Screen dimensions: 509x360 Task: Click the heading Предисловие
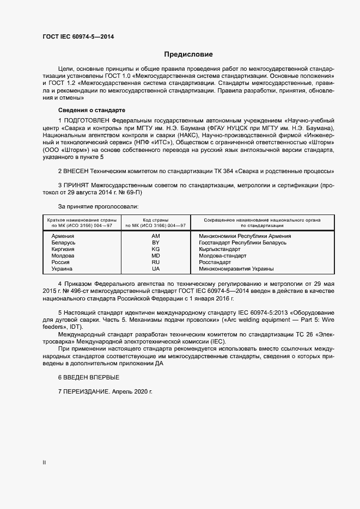click(188, 54)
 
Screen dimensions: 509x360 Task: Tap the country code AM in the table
click(156, 236)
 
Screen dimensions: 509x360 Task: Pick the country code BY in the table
click(156, 243)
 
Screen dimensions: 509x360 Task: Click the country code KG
click(156, 249)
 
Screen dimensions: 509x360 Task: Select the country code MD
click(156, 256)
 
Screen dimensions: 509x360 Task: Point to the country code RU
click(156, 262)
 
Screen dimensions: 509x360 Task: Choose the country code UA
click(156, 269)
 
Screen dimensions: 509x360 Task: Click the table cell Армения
click(63, 236)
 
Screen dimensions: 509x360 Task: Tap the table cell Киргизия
click(63, 249)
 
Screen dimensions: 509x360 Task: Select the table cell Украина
click(62, 269)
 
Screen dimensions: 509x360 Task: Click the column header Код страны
click(156, 219)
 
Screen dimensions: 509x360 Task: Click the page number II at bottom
click(44, 463)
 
